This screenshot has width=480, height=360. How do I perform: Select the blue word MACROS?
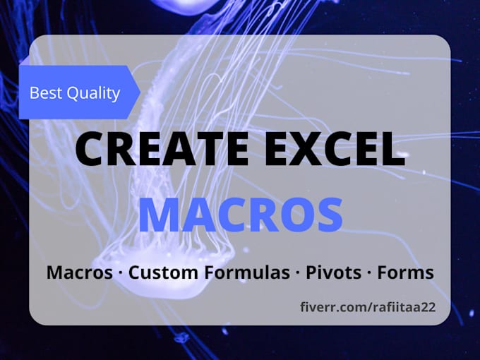tap(240, 216)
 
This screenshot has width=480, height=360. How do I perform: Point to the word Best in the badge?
tap(44, 92)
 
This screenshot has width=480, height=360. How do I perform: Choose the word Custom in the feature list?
tap(155, 272)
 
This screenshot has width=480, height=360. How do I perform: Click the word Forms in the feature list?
tap(407, 272)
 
